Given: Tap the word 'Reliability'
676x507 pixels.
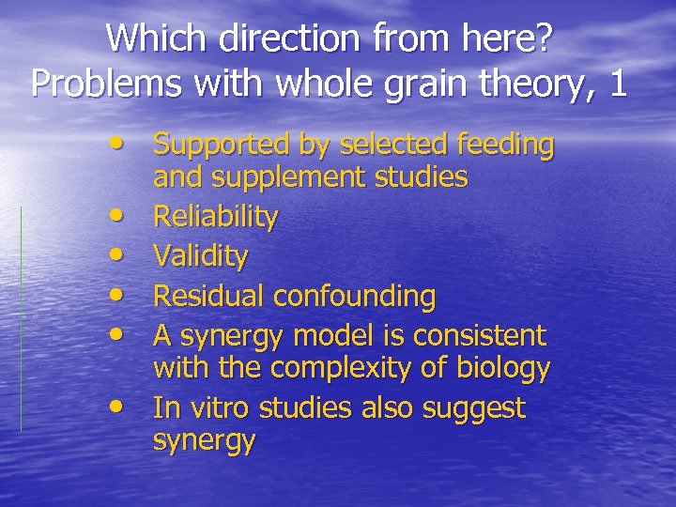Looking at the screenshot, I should tap(216, 217).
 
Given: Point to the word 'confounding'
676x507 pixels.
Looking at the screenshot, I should tap(355, 296).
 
